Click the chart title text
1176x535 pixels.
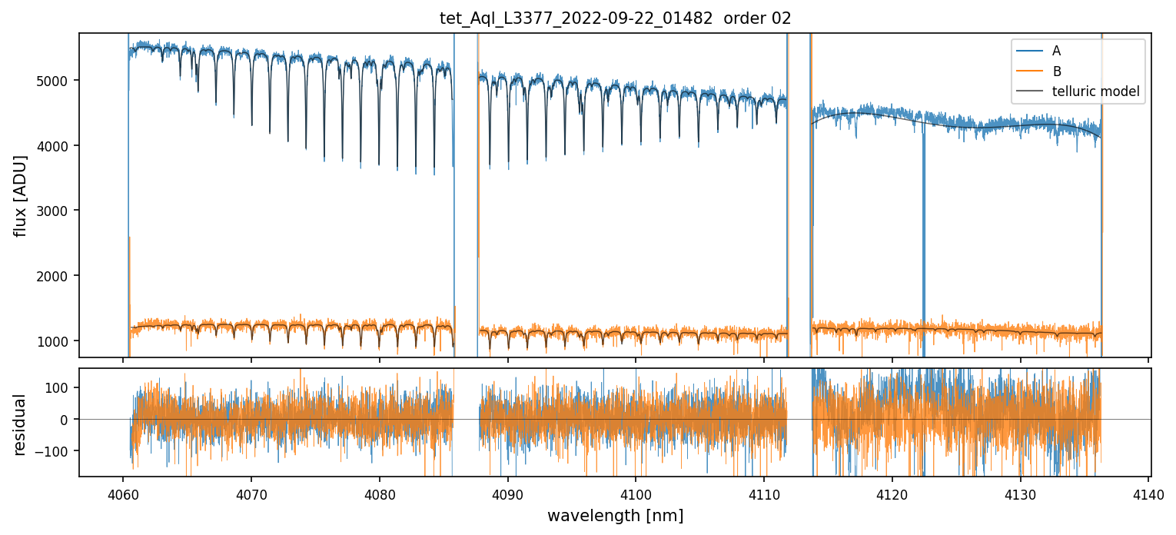click(x=614, y=18)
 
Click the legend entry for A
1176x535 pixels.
click(x=1056, y=51)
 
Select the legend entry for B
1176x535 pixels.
click(x=1056, y=71)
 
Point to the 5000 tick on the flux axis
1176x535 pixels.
click(x=58, y=81)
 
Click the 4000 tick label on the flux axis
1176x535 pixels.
click(x=58, y=145)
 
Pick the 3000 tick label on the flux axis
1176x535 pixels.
click(x=58, y=211)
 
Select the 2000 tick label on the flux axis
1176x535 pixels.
click(x=58, y=276)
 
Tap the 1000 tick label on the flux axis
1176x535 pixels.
click(x=58, y=341)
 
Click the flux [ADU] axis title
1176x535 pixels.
click(x=21, y=195)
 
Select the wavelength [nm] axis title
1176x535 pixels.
click(x=614, y=515)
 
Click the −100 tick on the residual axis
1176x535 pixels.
click(x=58, y=450)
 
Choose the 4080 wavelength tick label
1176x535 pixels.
click(x=379, y=493)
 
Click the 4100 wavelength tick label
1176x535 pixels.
click(x=636, y=493)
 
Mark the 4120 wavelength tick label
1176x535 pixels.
click(x=892, y=493)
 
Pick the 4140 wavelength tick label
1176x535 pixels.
click(x=1148, y=493)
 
